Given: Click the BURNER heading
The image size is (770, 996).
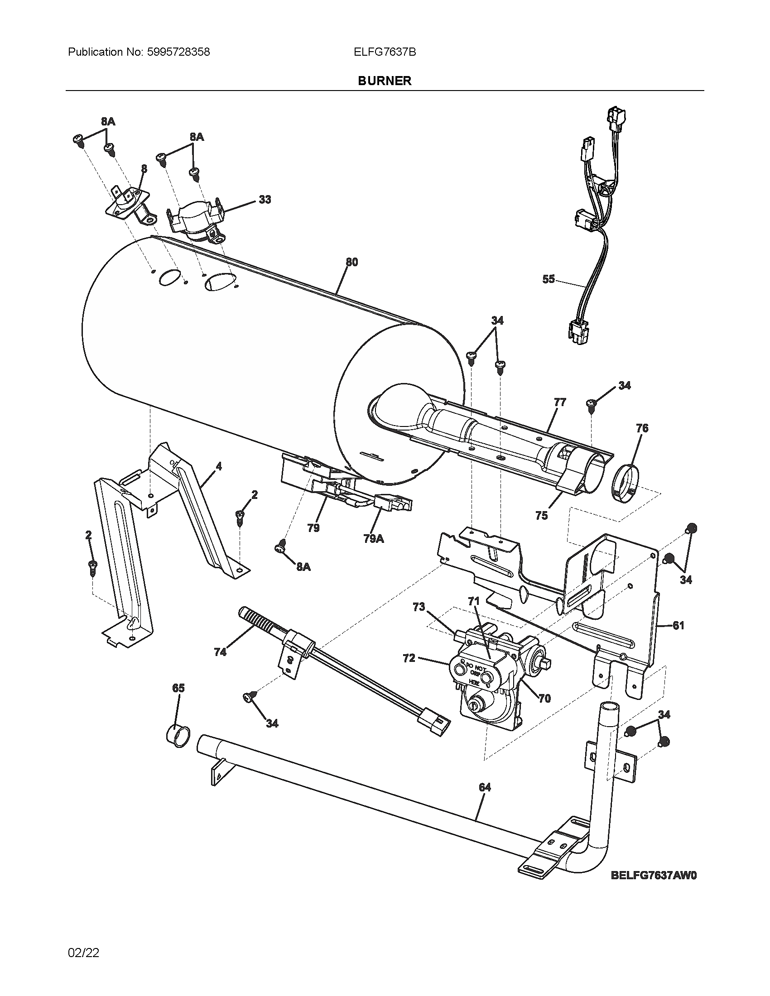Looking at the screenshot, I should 385,81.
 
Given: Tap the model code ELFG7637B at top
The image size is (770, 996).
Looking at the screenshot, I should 385,52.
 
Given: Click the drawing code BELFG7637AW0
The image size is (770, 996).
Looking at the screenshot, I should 654,875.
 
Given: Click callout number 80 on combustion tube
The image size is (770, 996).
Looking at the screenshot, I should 351,262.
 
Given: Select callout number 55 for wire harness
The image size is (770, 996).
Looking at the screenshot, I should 549,278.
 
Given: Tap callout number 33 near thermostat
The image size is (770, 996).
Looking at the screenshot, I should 265,199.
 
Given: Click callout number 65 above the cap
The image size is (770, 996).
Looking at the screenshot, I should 178,688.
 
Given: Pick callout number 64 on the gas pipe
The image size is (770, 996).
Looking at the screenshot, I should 485,787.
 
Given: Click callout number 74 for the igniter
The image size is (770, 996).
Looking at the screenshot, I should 220,652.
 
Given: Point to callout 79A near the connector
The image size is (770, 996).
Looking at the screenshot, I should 374,539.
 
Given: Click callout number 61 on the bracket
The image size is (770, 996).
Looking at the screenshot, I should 679,625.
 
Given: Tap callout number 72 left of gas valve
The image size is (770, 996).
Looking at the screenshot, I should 409,658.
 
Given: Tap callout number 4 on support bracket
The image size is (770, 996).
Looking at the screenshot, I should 219,466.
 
